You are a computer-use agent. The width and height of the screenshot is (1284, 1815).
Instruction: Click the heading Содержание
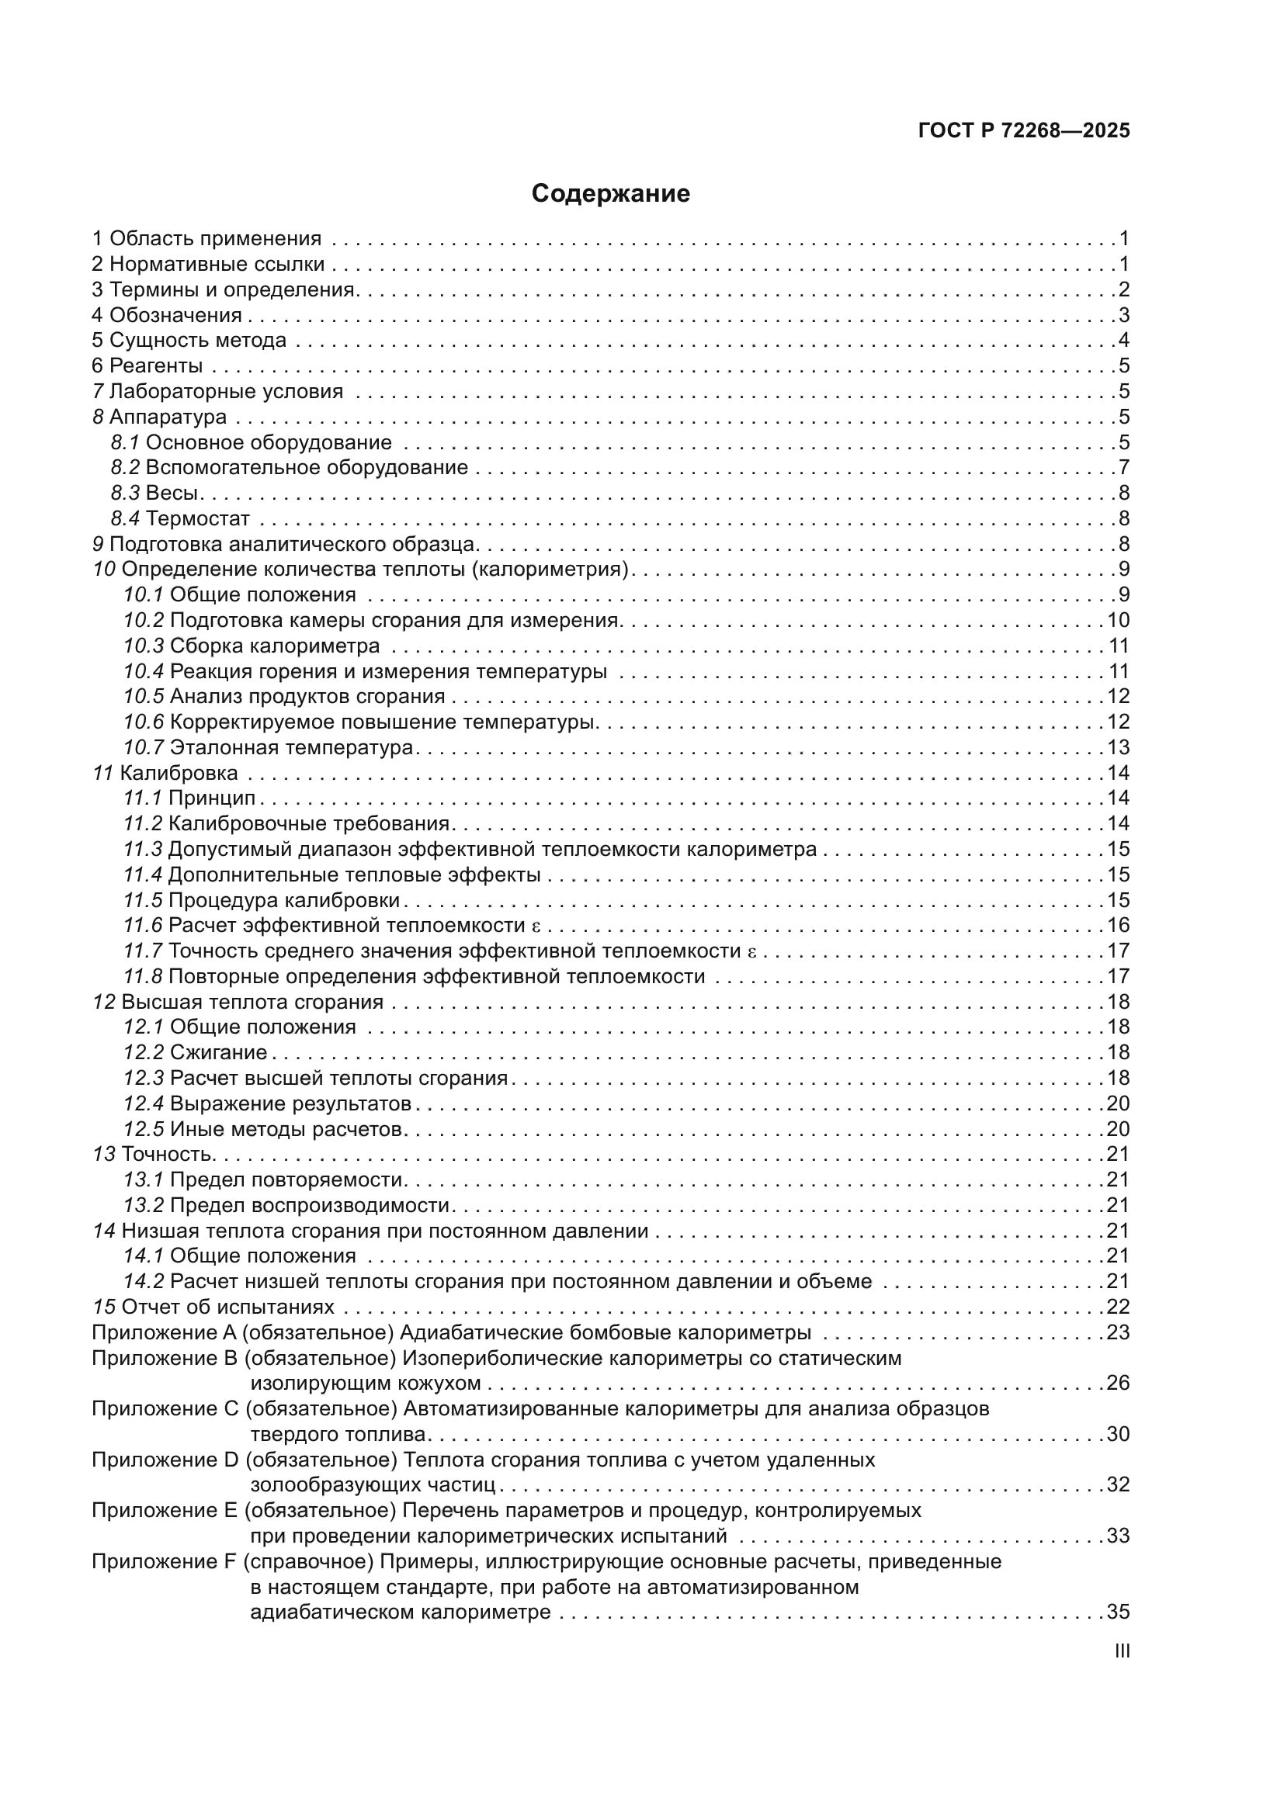[x=610, y=194]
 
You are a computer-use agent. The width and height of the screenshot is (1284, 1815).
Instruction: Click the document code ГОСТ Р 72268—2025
[x=1024, y=130]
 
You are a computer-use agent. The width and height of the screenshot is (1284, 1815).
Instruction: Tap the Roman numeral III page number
[x=1121, y=1651]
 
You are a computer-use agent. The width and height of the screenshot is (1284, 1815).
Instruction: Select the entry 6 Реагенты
[x=147, y=366]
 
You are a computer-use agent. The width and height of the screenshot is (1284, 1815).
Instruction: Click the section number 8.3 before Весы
[x=125, y=494]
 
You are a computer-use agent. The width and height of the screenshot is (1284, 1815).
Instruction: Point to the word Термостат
[x=198, y=518]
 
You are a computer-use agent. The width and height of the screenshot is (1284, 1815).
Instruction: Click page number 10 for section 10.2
[x=1118, y=621]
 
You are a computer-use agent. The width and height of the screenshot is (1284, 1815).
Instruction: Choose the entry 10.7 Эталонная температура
[x=269, y=747]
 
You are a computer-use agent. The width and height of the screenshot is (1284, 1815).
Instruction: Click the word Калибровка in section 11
[x=179, y=773]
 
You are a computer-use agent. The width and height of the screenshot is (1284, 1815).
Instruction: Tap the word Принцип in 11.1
[x=212, y=798]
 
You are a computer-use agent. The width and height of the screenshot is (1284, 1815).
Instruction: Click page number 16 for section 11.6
[x=1118, y=925]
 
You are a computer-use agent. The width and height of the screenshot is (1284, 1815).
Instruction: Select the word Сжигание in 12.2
[x=218, y=1052]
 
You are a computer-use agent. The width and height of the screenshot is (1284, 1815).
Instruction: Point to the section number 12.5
[x=143, y=1129]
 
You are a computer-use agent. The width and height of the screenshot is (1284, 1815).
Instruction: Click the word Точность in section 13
[x=167, y=1154]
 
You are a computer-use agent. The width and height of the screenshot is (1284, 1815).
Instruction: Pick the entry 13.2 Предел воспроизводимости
[x=286, y=1205]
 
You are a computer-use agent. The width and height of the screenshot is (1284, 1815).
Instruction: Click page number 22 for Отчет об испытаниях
[x=1118, y=1307]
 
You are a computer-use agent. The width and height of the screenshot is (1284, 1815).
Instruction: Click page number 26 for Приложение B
[x=1118, y=1383]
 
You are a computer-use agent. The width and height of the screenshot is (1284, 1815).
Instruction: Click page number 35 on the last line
[x=1118, y=1612]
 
